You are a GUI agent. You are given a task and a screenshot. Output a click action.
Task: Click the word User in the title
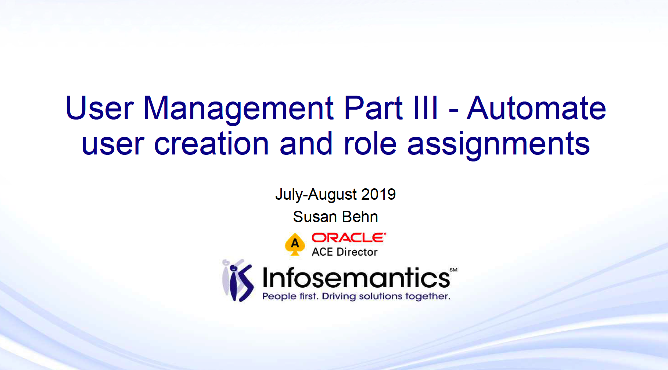[x=99, y=108]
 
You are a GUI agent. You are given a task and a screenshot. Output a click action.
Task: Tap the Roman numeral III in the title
[x=426, y=108]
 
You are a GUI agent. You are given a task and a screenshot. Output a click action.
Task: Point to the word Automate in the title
[x=536, y=108]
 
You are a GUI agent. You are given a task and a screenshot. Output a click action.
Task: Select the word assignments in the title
[x=498, y=145]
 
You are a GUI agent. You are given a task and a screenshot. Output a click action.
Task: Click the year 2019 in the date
[x=378, y=194]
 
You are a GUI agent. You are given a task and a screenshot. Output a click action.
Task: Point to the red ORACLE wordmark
[x=349, y=238]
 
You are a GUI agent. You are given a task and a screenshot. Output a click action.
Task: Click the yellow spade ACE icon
[x=295, y=244]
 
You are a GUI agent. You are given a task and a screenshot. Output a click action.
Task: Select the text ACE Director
[x=345, y=252]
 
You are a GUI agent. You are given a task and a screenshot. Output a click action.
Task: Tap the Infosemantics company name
[x=356, y=278]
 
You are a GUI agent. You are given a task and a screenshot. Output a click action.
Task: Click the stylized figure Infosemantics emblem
[x=238, y=280]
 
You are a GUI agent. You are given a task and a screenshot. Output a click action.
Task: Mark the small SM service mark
[x=453, y=270]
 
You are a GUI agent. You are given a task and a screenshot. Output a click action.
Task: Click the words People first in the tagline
[x=290, y=296]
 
